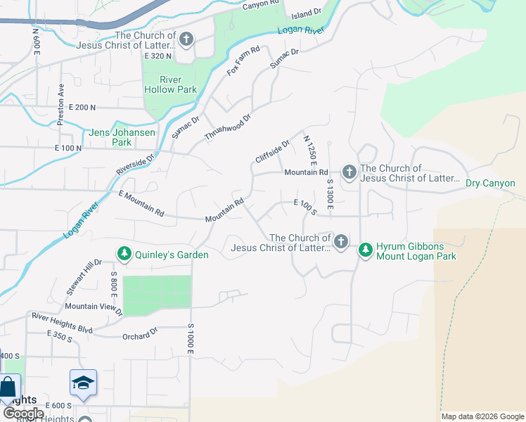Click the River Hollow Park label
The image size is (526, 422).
[x=170, y=84]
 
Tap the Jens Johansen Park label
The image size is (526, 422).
[x=111, y=137]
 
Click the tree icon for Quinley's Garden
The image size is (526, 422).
[x=124, y=253]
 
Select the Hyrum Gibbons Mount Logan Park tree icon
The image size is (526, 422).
[x=365, y=250]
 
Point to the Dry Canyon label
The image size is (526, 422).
[x=490, y=184]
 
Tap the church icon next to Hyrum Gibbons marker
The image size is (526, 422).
[x=341, y=243]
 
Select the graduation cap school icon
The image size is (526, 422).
[x=83, y=383]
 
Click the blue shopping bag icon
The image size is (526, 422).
[x=8, y=387]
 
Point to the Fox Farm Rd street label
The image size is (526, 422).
[x=243, y=61]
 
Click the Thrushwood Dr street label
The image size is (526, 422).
[x=227, y=127]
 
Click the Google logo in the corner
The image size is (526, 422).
[x=23, y=414]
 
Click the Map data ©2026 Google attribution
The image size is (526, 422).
[x=482, y=416]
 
